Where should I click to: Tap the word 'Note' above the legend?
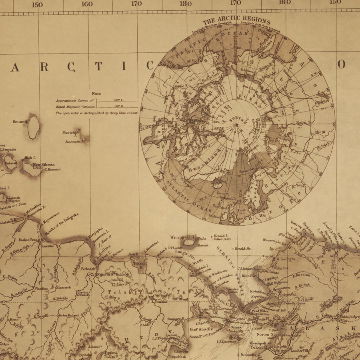[96, 94]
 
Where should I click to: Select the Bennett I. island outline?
[34, 127]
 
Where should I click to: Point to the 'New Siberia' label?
[44, 164]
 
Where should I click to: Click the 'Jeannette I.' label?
[75, 141]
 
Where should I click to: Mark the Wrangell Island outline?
[188, 242]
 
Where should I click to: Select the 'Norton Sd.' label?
[263, 334]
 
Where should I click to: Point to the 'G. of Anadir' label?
[199, 329]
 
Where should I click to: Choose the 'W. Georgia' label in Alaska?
[285, 259]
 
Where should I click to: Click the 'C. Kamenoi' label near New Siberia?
[52, 169]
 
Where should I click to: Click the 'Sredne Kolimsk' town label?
[82, 293]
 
